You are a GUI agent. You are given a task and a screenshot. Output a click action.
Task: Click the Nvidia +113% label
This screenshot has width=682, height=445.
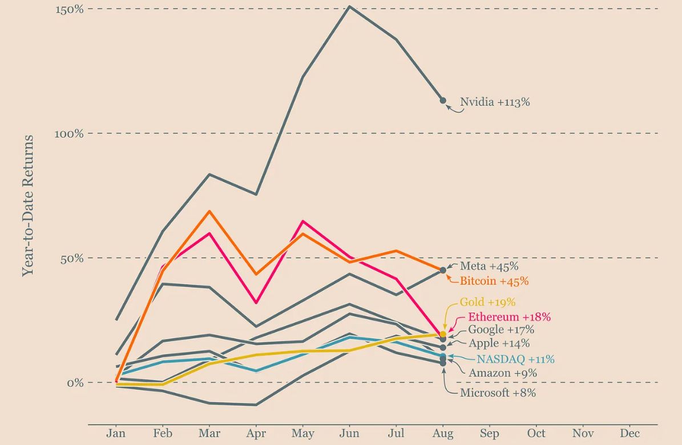(495, 103)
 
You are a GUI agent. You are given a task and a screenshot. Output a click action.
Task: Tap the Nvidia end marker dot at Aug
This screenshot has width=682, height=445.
(443, 100)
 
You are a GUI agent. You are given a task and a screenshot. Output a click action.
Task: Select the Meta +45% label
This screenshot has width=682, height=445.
(489, 266)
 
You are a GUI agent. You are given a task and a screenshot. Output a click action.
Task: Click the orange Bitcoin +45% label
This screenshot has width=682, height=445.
(494, 281)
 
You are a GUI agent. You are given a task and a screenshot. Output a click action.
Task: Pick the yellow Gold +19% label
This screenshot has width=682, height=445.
(487, 302)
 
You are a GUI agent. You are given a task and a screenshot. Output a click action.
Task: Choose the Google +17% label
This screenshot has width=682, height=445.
(501, 330)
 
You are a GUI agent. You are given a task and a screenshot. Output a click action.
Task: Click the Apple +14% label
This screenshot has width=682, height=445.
(499, 343)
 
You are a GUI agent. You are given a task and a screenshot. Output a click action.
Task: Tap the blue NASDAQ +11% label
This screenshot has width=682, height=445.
(515, 359)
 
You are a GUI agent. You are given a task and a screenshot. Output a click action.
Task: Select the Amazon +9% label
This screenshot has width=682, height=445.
(503, 373)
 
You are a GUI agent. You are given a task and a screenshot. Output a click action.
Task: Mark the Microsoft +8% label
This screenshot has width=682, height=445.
(498, 393)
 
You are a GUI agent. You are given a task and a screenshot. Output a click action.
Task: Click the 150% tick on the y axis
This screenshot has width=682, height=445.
(69, 9)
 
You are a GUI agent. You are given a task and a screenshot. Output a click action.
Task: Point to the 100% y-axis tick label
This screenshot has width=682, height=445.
(69, 133)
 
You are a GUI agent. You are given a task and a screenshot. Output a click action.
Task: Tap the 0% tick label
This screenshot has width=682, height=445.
(75, 382)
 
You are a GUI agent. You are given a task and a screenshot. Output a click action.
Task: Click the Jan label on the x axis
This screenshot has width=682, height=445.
(116, 434)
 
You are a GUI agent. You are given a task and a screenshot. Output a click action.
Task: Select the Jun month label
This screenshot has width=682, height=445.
(349, 434)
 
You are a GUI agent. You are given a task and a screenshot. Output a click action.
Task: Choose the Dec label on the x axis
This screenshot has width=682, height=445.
(629, 434)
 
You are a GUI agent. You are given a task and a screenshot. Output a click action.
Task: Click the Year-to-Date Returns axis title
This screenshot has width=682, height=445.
(27, 205)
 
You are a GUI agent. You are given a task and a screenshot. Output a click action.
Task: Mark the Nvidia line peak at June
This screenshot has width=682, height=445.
(349, 7)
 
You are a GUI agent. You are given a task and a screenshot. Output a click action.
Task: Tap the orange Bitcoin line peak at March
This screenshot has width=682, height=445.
(209, 211)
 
